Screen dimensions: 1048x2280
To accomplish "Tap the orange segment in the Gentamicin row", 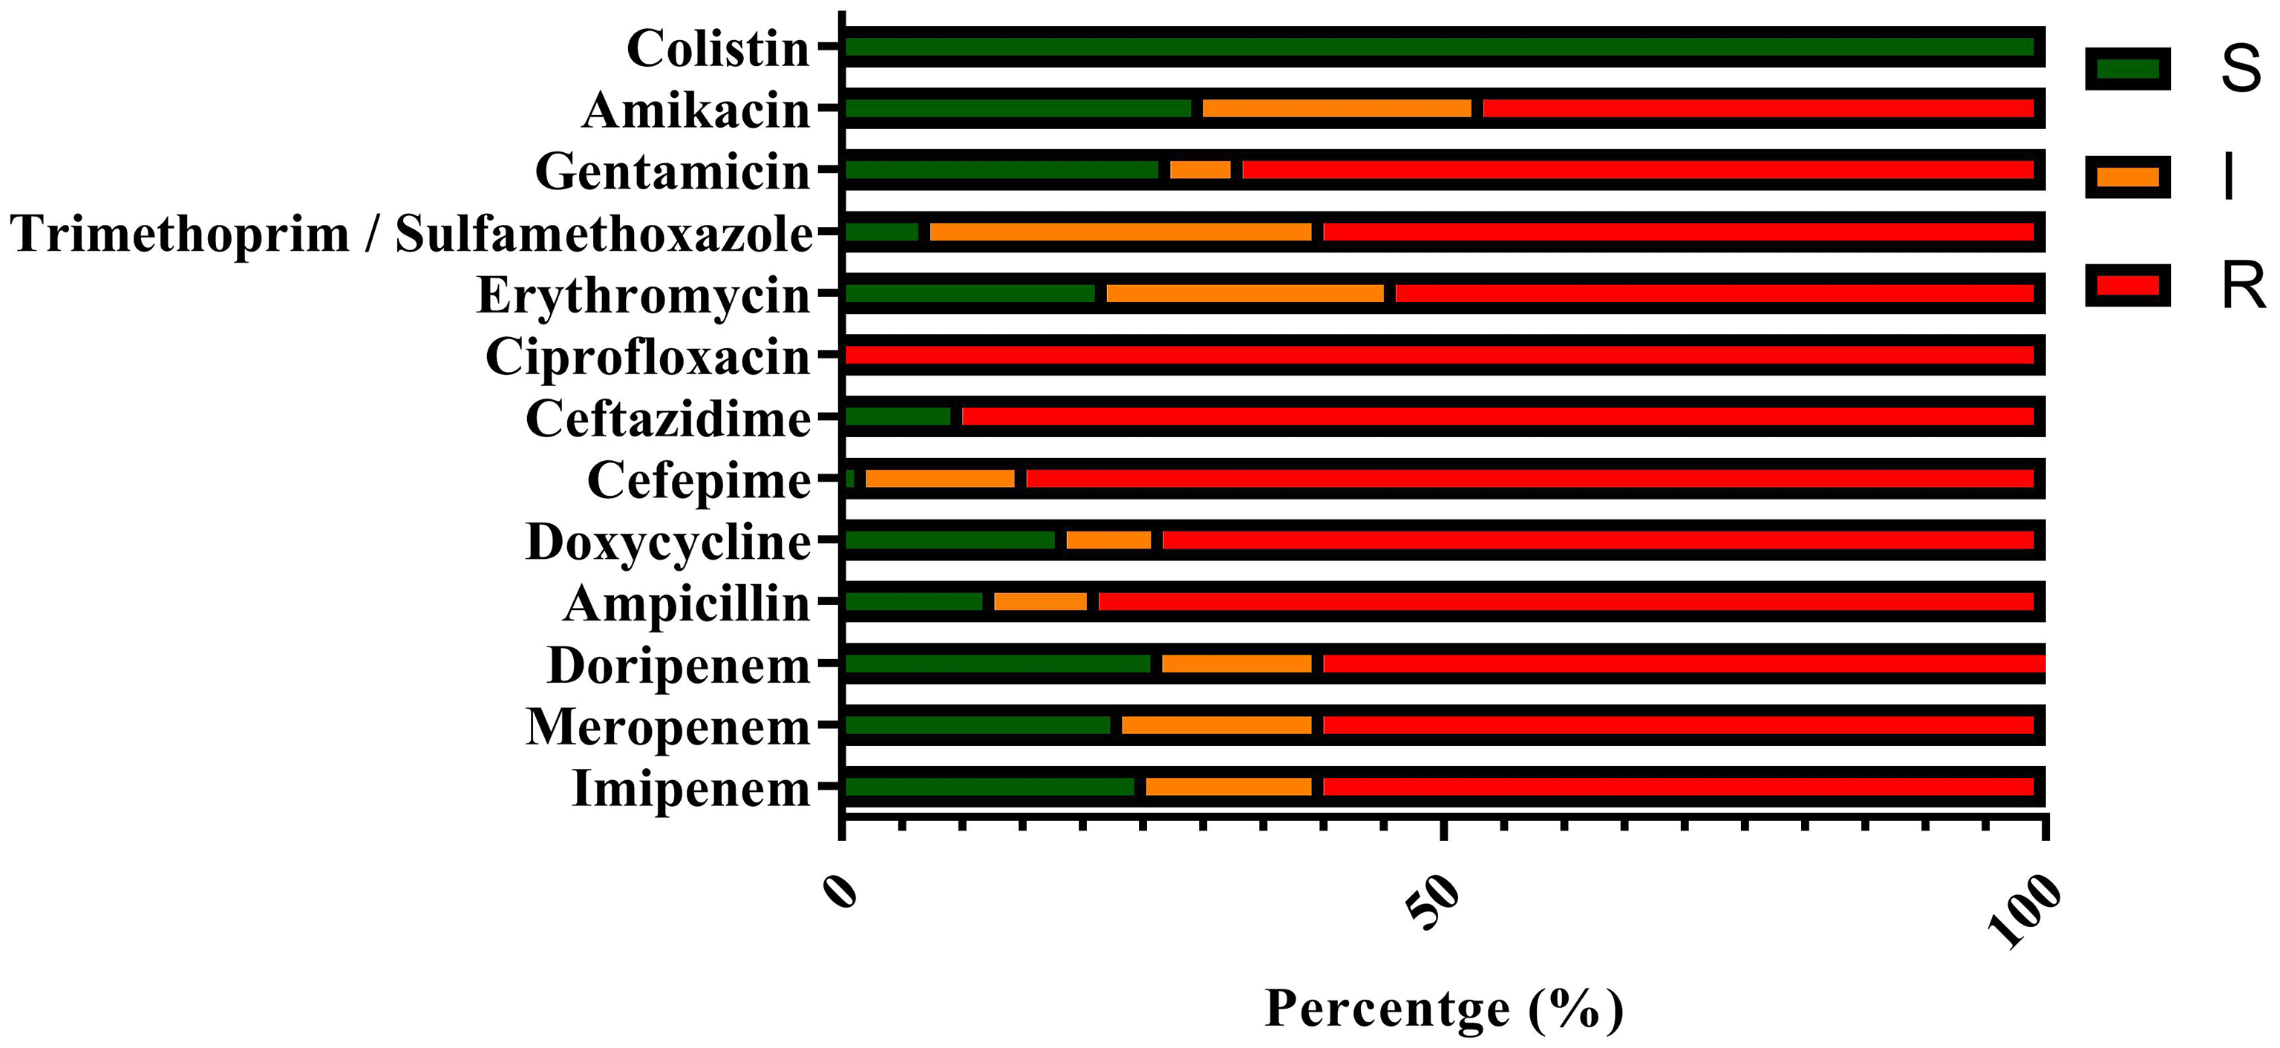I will [1201, 170].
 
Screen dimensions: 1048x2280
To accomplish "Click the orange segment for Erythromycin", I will [1245, 293].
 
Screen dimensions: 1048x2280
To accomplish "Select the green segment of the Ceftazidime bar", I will [898, 416].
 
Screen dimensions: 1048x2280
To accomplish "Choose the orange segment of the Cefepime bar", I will [940, 478].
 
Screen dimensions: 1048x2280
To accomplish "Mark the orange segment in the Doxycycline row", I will [1109, 540].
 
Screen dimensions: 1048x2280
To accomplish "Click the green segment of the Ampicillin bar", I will [914, 602].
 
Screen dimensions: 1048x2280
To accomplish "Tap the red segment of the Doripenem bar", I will [1682, 663].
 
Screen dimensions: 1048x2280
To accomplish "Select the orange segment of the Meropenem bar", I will [1217, 725].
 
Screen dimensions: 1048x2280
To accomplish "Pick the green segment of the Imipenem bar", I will [990, 787].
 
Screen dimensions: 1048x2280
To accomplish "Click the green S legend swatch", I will [2128, 69].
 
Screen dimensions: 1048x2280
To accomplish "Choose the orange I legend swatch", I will [2128, 177].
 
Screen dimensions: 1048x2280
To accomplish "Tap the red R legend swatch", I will [2128, 286].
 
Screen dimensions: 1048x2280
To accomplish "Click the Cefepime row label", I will [699, 481].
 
